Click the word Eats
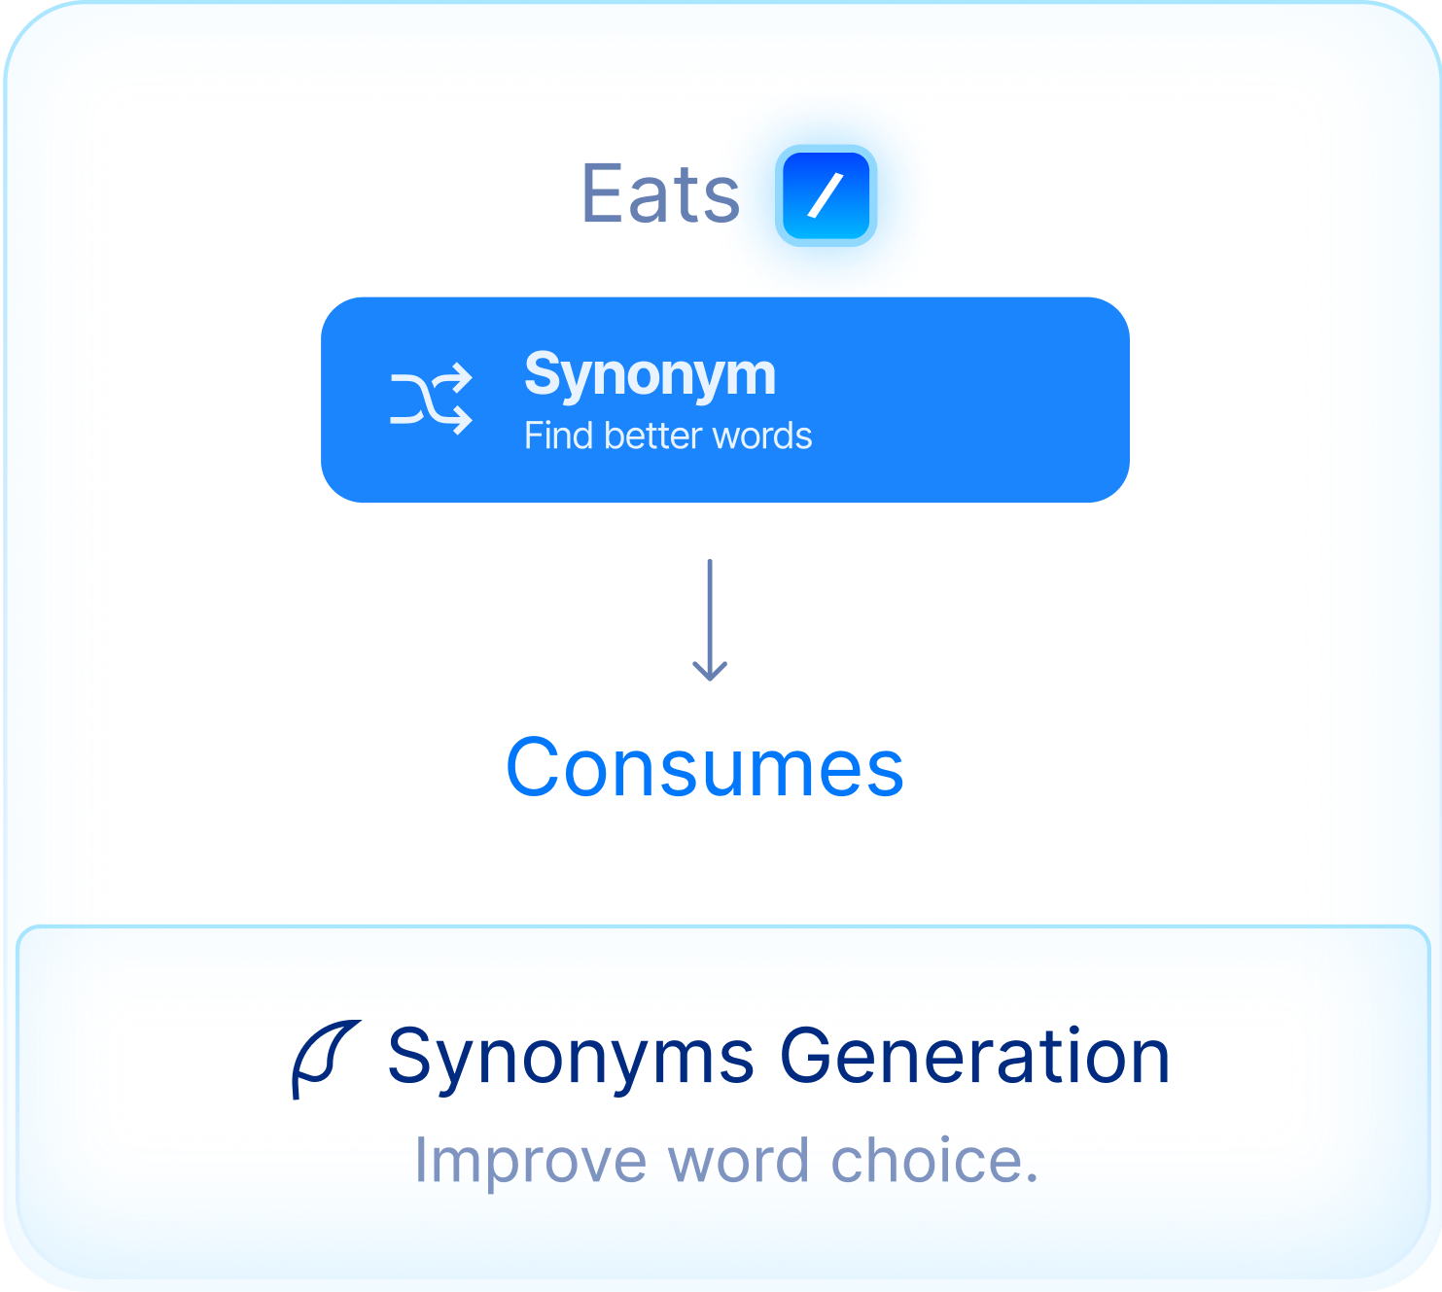pyautogui.click(x=660, y=192)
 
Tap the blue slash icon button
pyautogui.click(x=826, y=195)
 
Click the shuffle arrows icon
pyautogui.click(x=432, y=399)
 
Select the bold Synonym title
pyautogui.click(x=650, y=376)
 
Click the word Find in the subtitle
pyautogui.click(x=559, y=436)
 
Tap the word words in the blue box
pyautogui.click(x=762, y=436)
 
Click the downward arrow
pyautogui.click(x=710, y=620)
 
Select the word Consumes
pyautogui.click(x=705, y=767)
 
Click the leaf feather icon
pyautogui.click(x=326, y=1060)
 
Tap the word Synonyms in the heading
pyautogui.click(x=570, y=1060)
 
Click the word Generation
pyautogui.click(x=975, y=1057)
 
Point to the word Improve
pyautogui.click(x=531, y=1164)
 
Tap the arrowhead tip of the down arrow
pyautogui.click(x=710, y=681)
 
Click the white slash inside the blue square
pyautogui.click(x=826, y=195)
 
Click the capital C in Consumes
pyautogui.click(x=532, y=767)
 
